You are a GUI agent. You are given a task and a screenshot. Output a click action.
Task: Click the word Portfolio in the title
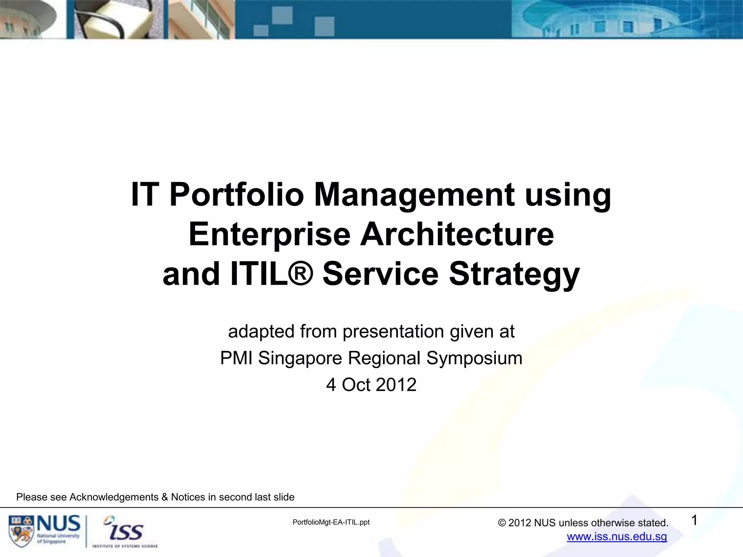pos(236,195)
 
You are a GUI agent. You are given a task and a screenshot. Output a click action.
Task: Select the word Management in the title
pos(414,195)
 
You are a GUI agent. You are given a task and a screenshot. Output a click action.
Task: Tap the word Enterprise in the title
pos(269,235)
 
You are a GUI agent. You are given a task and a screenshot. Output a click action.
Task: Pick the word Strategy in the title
pos(514,275)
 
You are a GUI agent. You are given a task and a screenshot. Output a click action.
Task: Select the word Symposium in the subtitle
pos(474,358)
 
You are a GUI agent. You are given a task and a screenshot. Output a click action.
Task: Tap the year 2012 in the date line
pos(396,385)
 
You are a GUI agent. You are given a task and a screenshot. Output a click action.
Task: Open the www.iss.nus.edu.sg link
pos(617,537)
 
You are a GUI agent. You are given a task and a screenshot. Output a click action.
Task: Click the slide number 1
pos(694,521)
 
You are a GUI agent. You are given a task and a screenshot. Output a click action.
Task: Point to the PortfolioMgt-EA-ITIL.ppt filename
pos(331,522)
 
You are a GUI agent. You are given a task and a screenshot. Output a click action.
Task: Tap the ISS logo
pos(125,531)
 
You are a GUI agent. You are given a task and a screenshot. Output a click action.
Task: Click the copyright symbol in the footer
pos(502,523)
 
